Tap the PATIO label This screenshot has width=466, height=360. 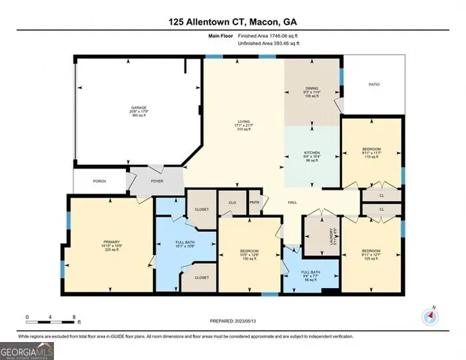(x=374, y=84)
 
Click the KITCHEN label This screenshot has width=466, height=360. (x=311, y=153)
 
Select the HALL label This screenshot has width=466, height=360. (x=294, y=202)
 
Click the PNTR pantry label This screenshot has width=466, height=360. (x=254, y=202)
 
